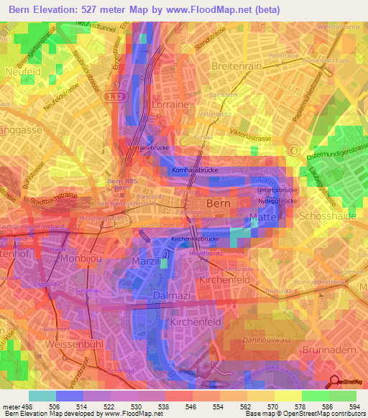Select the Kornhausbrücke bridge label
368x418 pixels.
pos(195,170)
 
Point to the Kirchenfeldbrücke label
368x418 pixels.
pos(195,238)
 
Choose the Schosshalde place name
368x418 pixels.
pos(326,216)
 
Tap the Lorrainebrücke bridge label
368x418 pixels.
pos(147,147)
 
